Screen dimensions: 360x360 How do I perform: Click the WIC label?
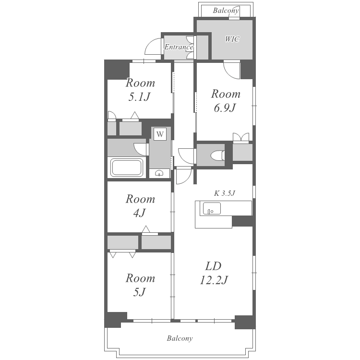[232, 39]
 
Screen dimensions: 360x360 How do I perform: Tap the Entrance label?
[179, 47]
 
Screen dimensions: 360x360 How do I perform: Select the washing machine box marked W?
[160, 134]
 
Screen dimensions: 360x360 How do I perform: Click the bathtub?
[127, 168]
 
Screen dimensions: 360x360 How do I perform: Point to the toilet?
[217, 155]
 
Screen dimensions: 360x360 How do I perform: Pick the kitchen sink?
[212, 208]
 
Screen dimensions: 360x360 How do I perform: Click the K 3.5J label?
[225, 193]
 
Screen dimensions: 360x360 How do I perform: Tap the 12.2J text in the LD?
[214, 280]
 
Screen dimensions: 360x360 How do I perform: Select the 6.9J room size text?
[225, 108]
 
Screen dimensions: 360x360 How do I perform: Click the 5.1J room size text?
[139, 97]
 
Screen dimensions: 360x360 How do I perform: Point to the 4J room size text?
[139, 213]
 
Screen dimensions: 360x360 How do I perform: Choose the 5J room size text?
[139, 292]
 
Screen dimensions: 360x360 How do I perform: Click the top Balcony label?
[226, 11]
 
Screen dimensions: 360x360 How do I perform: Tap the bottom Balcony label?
[180, 338]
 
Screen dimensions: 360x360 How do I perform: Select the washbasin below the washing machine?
[159, 173]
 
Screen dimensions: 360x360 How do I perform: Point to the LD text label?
[213, 266]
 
